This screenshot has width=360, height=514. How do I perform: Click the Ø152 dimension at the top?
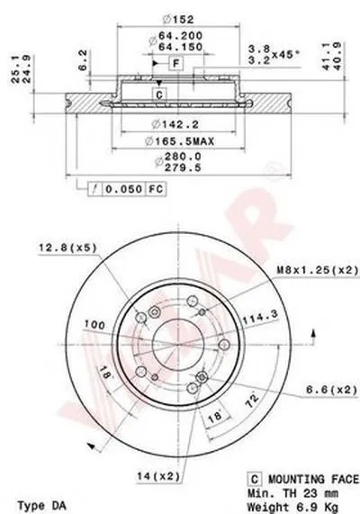pyautogui.click(x=178, y=19)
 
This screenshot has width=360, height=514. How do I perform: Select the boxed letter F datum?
pyautogui.click(x=176, y=63)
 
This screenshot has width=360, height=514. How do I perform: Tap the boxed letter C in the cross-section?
pyautogui.click(x=159, y=95)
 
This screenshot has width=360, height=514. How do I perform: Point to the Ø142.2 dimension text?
pyautogui.click(x=175, y=124)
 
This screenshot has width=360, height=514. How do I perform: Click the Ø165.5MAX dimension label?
pyautogui.click(x=180, y=141)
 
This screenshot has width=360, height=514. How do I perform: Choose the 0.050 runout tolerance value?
pyautogui.click(x=124, y=189)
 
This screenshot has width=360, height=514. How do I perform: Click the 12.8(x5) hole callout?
pyautogui.click(x=67, y=248)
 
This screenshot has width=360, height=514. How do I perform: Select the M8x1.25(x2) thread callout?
pyautogui.click(x=318, y=270)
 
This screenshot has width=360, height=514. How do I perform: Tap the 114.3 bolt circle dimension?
pyautogui.click(x=260, y=317)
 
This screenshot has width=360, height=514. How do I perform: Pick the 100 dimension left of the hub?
pyautogui.click(x=95, y=325)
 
